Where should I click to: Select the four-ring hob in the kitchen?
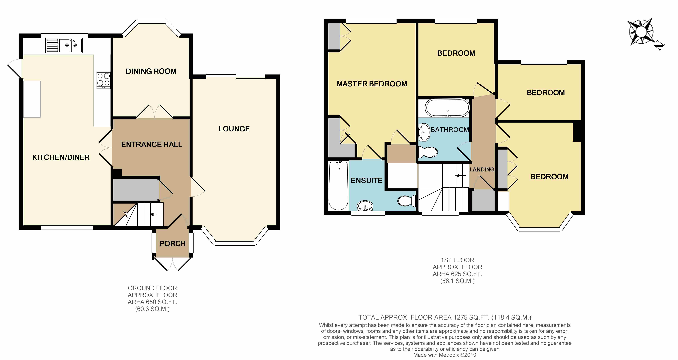[x=103, y=80]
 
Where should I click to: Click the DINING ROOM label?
[x=151, y=71]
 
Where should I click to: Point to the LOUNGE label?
[x=234, y=129]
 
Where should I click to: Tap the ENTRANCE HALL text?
[x=151, y=144]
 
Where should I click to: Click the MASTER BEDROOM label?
[x=372, y=84]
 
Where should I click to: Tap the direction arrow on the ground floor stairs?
[x=155, y=214]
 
